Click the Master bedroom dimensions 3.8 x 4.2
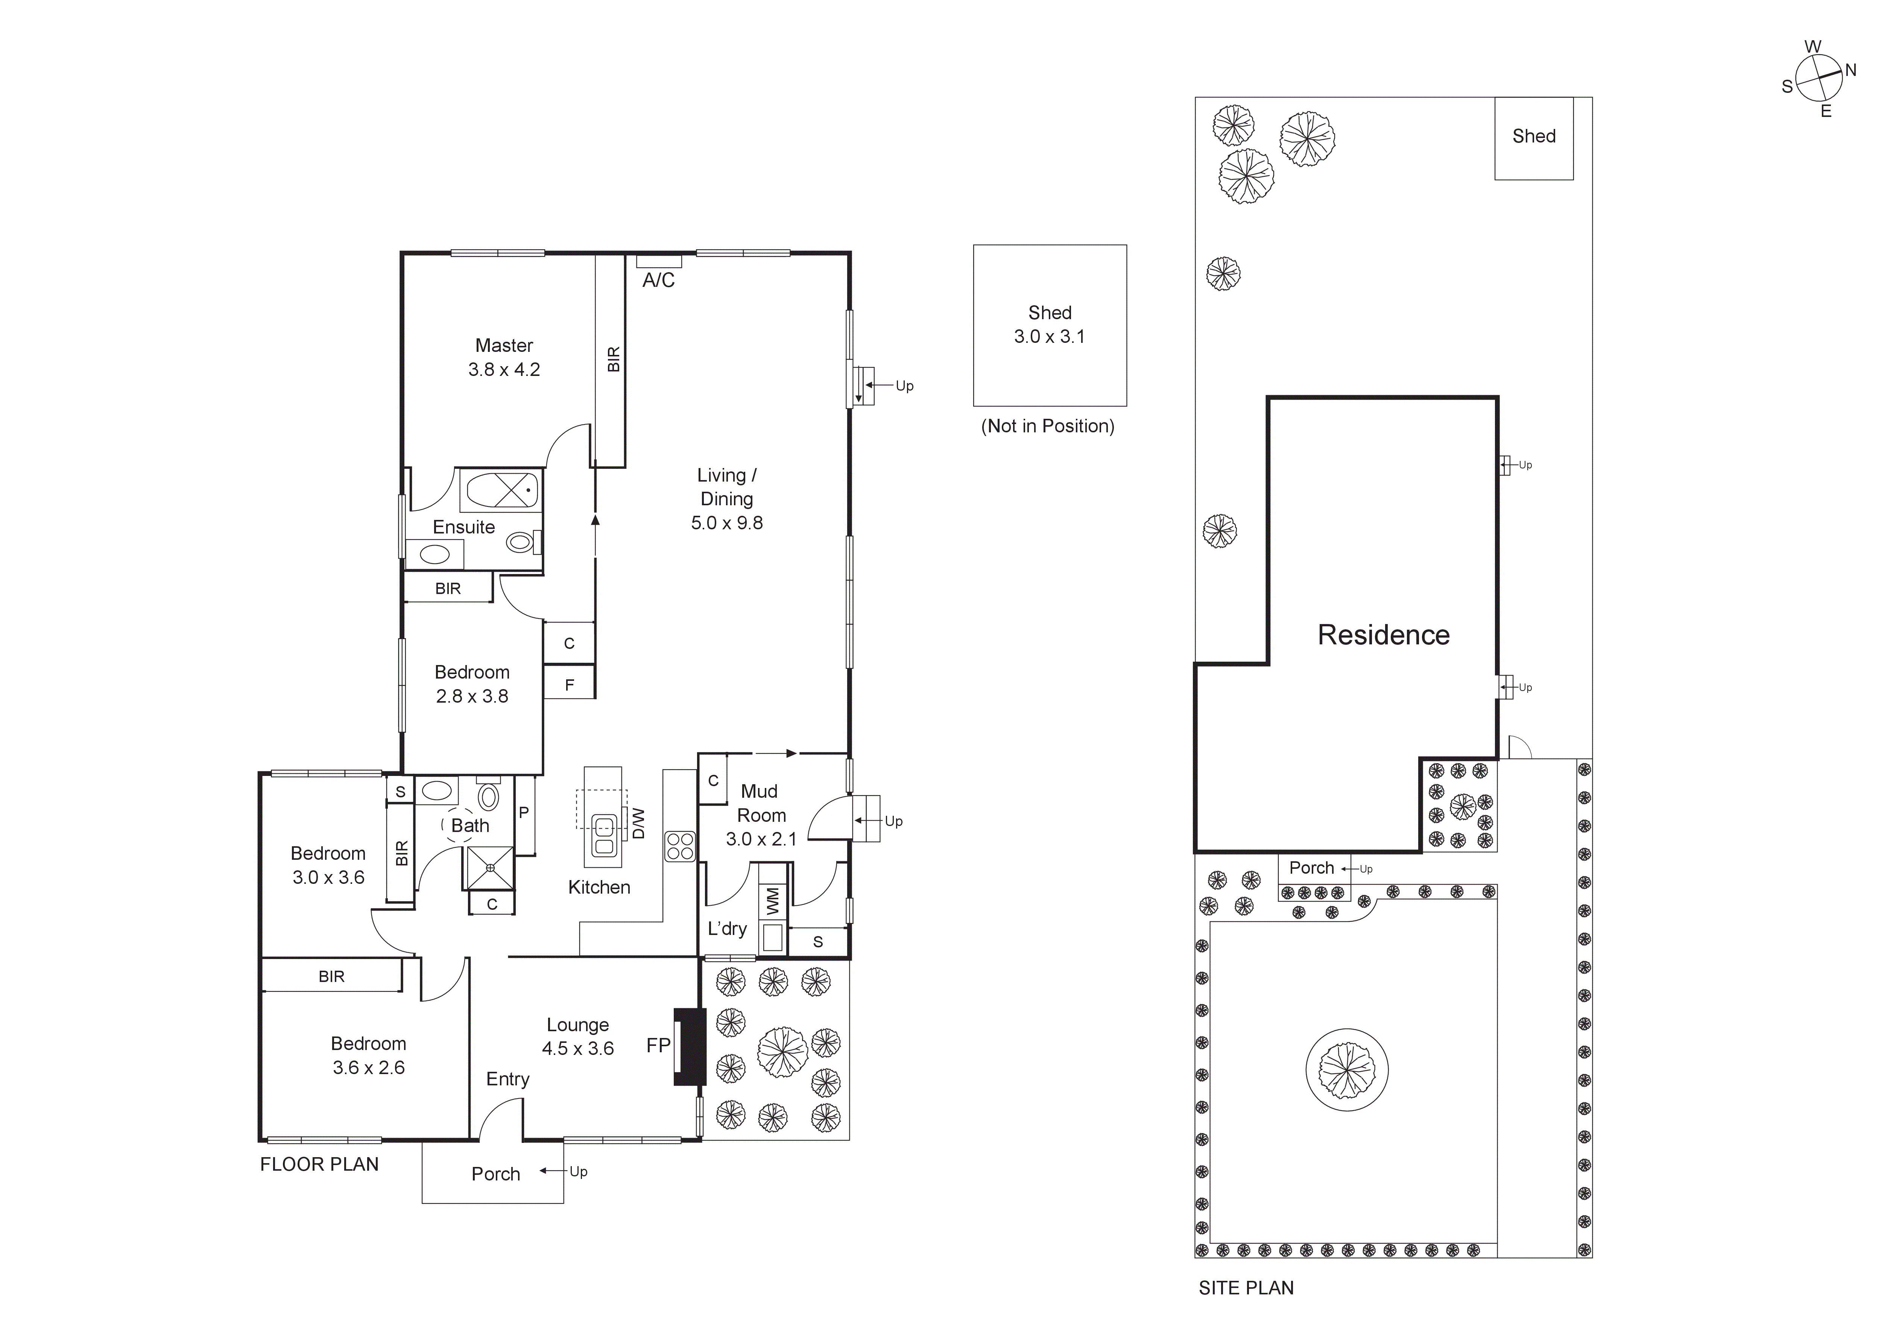click(504, 369)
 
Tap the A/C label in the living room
click(659, 281)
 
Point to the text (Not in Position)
click(1048, 426)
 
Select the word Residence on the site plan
click(1383, 635)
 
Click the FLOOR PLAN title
click(319, 1164)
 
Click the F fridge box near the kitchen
click(569, 685)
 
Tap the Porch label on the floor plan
click(495, 1174)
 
